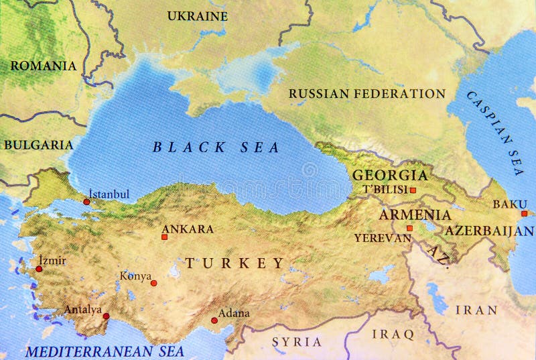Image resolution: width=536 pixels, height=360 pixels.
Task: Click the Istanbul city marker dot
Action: (86, 201)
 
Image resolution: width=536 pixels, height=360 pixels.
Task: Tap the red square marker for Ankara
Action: (164, 237)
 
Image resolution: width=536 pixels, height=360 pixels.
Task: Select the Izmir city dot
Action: (39, 269)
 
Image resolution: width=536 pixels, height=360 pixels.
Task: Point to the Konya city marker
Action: (153, 283)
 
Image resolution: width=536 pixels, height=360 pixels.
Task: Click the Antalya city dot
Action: (106, 316)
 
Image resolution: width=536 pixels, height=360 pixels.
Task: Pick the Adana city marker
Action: (214, 320)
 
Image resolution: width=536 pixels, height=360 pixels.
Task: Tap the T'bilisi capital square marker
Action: (413, 190)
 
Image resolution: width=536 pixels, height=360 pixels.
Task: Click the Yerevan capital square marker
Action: (409, 228)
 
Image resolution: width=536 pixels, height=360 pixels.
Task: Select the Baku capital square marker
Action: (524, 214)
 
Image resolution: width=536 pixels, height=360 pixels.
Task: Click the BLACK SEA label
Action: (216, 147)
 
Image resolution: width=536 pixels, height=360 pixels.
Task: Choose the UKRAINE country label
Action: (197, 15)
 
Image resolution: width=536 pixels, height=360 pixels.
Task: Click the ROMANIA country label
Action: (43, 66)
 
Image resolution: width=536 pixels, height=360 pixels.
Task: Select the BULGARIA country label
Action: (38, 144)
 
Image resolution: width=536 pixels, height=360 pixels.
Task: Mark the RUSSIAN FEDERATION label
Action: (367, 94)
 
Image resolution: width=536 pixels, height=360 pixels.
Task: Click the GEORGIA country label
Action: (390, 175)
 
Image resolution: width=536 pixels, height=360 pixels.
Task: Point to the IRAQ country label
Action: (394, 333)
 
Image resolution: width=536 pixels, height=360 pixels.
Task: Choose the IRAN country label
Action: (476, 310)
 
